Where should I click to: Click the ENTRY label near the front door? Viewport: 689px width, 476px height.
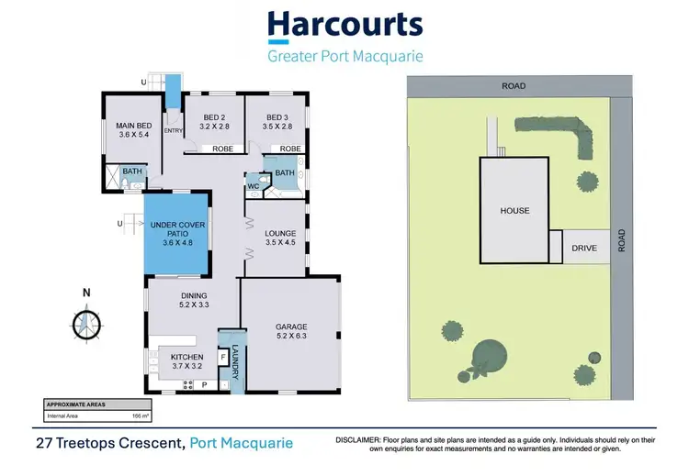coord(173,131)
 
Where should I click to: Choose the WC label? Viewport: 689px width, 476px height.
coord(254,187)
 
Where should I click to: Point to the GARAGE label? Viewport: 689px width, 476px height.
coord(290,331)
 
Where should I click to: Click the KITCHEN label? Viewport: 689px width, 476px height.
coord(186,361)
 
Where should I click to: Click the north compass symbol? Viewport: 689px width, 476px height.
coord(87,322)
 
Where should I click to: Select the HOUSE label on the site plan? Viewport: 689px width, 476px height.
coord(514,211)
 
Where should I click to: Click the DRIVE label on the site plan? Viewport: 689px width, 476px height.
coord(584,248)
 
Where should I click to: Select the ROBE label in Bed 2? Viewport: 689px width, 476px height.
coord(222,148)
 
